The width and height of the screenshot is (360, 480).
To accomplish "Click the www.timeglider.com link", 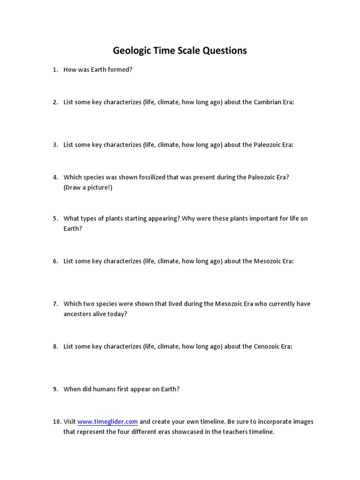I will click(x=107, y=421).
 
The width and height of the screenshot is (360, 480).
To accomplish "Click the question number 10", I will click(x=56, y=421).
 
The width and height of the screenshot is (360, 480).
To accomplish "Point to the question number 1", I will click(x=55, y=70).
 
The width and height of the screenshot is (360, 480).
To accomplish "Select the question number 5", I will click(x=55, y=218).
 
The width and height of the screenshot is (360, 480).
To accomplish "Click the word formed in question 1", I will click(x=122, y=70).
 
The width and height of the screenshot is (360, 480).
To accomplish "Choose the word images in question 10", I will click(x=303, y=421).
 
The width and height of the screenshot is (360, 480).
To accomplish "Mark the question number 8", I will click(x=55, y=346).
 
